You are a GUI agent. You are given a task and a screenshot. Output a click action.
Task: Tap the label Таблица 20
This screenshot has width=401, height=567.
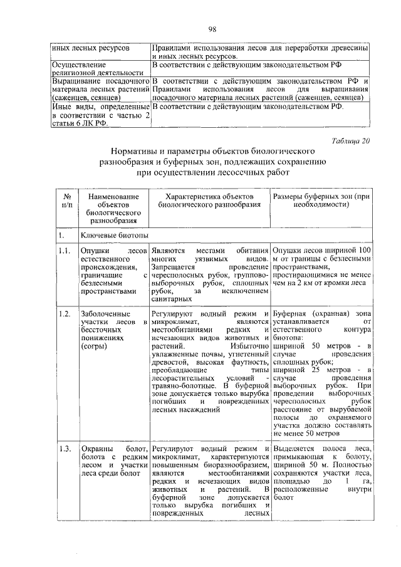pos(352,140)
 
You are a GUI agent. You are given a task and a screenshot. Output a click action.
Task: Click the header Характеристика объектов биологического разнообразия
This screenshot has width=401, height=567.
pos(209,201)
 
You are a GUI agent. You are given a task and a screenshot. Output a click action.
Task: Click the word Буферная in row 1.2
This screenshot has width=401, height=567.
pos(291,313)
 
